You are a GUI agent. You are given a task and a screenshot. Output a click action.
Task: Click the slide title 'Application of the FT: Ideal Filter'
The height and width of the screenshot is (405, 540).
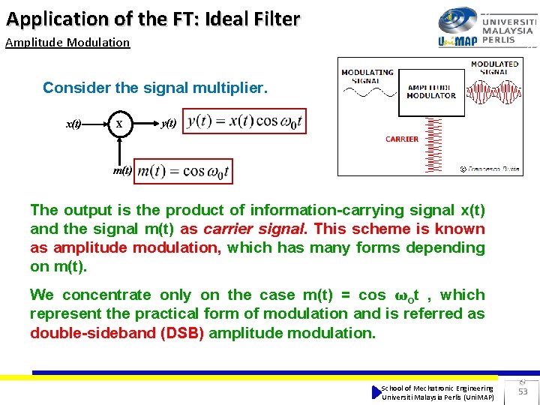click(153, 19)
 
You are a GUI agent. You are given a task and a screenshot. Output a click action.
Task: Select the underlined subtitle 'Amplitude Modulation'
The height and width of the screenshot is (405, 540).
click(67, 43)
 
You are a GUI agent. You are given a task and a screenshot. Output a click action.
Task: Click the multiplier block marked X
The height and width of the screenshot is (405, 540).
click(119, 123)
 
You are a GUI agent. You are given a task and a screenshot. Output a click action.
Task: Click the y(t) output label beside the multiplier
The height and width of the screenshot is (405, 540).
click(169, 123)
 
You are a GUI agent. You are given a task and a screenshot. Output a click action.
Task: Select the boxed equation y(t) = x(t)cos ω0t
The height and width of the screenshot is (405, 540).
click(245, 121)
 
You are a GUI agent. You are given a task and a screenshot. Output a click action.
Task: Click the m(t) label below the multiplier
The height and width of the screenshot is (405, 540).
click(122, 170)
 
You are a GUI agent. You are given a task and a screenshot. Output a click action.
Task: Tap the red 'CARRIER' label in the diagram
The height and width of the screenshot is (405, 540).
click(402, 139)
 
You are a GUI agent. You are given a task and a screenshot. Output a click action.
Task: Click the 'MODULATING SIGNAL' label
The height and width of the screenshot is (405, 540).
click(367, 76)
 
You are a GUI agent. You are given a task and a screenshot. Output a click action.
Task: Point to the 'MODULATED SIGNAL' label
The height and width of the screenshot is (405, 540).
click(494, 68)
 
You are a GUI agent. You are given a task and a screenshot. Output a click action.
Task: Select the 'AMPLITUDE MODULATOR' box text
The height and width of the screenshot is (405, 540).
click(431, 91)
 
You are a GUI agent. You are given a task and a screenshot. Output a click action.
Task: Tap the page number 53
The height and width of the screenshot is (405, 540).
click(523, 391)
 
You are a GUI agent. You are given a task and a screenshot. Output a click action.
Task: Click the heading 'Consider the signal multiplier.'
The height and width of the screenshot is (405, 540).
click(154, 88)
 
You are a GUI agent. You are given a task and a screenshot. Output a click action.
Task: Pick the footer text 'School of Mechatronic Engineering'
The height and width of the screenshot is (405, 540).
click(436, 388)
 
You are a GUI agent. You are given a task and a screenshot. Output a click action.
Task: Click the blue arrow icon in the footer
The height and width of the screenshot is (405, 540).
click(376, 391)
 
